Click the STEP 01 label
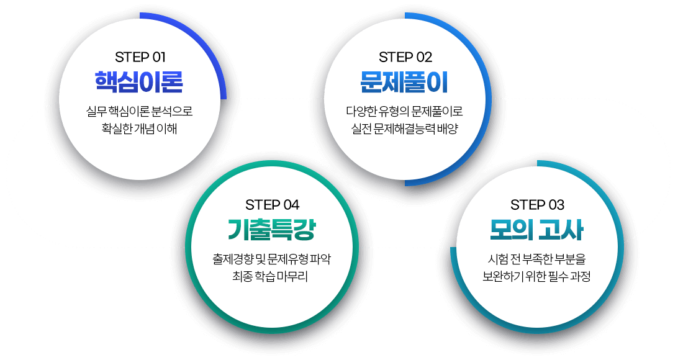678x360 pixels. pyautogui.click(x=140, y=57)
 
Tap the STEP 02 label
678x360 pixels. pyautogui.click(x=405, y=57)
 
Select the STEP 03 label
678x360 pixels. pyautogui.click(x=537, y=204)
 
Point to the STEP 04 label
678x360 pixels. pyautogui.click(x=272, y=204)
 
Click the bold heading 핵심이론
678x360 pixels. pyautogui.click(x=139, y=82)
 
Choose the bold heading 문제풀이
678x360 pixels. pyautogui.click(x=404, y=82)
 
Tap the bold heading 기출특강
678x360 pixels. pyautogui.click(x=272, y=230)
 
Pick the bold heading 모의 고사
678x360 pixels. pyautogui.click(x=536, y=230)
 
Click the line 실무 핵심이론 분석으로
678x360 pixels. pyautogui.click(x=139, y=112)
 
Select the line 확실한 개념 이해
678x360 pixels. pyautogui.click(x=139, y=128)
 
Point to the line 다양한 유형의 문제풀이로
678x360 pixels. pyautogui.click(x=404, y=112)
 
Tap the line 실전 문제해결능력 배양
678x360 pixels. pyautogui.click(x=404, y=128)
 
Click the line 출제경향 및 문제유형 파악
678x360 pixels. pyautogui.click(x=271, y=259)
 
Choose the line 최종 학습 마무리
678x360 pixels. pyautogui.click(x=270, y=276)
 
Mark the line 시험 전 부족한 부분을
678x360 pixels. pyautogui.click(x=536, y=259)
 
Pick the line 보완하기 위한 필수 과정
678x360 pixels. pyautogui.click(x=536, y=276)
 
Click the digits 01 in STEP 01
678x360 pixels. pyautogui.click(x=159, y=57)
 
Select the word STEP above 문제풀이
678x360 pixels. pyautogui.click(x=395, y=57)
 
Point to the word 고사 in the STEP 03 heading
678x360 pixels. pyautogui.click(x=561, y=230)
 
